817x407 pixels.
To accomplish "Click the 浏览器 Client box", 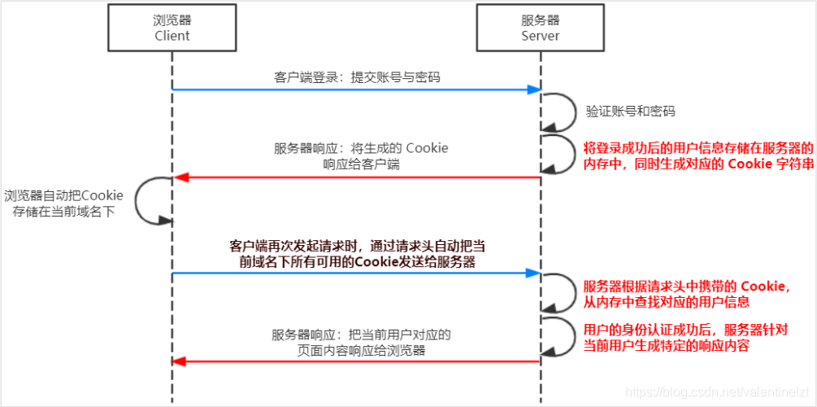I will (x=172, y=27).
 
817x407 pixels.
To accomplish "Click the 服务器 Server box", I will (x=541, y=27).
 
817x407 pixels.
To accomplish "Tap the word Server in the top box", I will (x=541, y=37).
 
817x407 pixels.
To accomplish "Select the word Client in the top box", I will (x=172, y=37).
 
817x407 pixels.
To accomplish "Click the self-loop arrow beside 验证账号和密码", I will (x=559, y=111).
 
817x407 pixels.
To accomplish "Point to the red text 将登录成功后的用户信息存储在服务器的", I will (x=697, y=149).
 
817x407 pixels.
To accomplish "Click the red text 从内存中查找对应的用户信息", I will (x=666, y=302).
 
